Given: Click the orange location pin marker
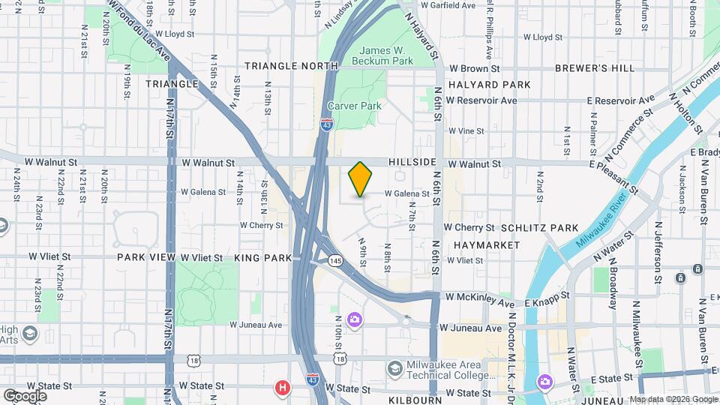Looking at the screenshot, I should point(360,178).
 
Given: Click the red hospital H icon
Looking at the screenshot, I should point(283,388).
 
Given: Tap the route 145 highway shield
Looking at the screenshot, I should point(335,260).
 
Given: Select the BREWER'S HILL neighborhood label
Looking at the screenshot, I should point(595,68).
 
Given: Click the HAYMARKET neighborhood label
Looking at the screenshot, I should point(486,245).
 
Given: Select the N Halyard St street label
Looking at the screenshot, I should point(420,36).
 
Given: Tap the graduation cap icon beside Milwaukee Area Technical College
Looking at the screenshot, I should point(394,368).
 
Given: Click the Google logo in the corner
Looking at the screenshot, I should point(24,395).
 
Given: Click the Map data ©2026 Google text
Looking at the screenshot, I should point(673,399).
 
